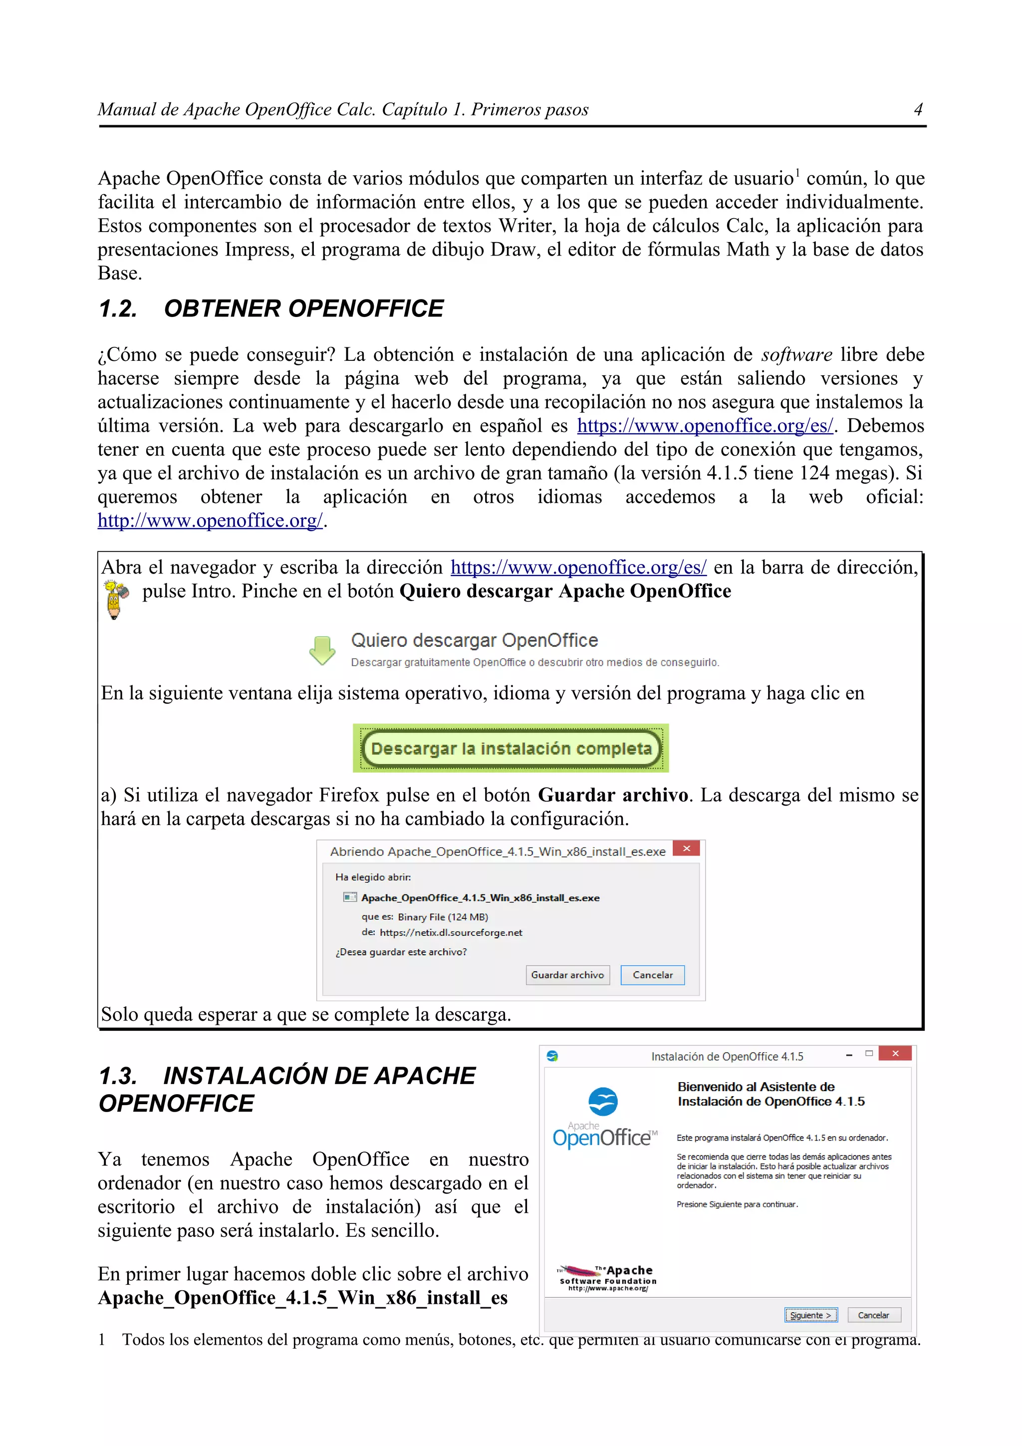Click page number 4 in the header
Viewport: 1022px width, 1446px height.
(918, 110)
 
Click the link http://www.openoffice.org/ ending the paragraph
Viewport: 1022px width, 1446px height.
(210, 521)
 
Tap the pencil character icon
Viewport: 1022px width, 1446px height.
(115, 599)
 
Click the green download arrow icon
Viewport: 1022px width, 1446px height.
(322, 650)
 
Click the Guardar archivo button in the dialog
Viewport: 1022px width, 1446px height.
(567, 975)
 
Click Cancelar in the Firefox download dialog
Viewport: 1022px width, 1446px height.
(652, 975)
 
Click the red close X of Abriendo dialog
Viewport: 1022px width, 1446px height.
(686, 849)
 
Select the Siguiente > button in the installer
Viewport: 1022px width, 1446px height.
(810, 1315)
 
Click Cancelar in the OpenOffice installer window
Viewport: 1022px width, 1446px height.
(873, 1315)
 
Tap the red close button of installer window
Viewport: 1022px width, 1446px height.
(895, 1054)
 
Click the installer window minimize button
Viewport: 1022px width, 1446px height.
(849, 1054)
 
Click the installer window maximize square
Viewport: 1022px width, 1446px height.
(869, 1054)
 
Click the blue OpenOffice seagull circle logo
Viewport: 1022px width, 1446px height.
(603, 1102)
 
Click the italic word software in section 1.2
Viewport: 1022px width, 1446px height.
(796, 355)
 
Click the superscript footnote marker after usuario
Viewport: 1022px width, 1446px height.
(797, 173)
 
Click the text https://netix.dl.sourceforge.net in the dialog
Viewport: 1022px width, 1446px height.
(451, 933)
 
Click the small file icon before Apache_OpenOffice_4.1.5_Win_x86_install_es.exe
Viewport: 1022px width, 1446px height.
(349, 897)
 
